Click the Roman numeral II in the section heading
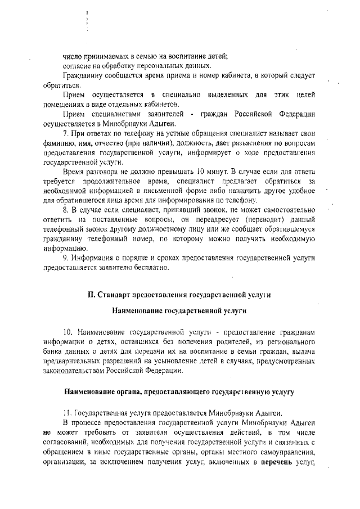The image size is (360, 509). [x=92, y=294]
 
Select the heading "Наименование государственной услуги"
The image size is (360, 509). [x=180, y=309]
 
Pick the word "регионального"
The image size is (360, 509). [x=288, y=341]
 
